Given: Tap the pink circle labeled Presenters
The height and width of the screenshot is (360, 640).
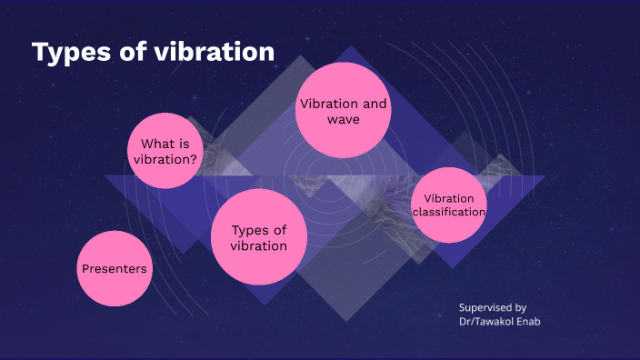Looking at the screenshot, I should click(x=114, y=268).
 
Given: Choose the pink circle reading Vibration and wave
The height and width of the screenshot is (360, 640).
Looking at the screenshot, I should click(x=343, y=111).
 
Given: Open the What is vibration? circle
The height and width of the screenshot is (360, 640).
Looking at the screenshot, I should click(x=165, y=152).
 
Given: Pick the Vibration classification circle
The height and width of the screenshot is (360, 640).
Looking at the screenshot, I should click(x=448, y=205).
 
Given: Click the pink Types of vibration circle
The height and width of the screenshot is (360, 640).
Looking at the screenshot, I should click(x=258, y=237).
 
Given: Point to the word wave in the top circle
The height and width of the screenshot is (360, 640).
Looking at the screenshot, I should click(x=344, y=120).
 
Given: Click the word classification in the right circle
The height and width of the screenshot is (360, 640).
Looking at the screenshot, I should click(x=448, y=213).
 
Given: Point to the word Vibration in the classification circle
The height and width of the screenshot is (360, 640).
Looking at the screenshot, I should click(x=449, y=197).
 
